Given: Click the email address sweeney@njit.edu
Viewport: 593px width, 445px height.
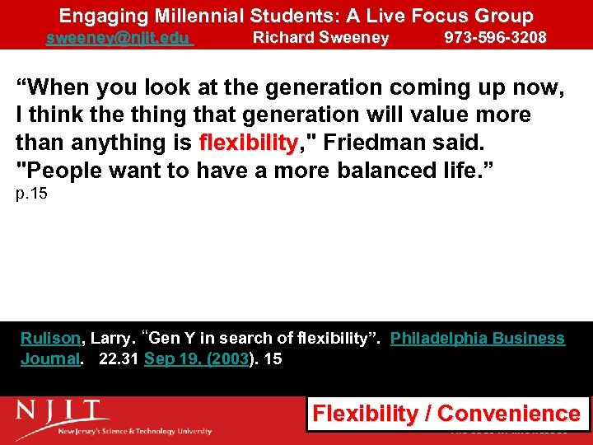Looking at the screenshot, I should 119,38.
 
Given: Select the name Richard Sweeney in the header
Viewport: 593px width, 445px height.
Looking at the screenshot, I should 320,38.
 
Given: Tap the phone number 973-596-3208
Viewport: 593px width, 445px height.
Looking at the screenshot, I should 495,38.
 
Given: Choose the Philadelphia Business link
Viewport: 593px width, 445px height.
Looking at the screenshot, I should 477,339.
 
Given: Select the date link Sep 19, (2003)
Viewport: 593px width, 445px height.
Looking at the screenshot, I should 196,358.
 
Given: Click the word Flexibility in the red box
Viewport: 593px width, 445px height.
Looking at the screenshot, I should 366,413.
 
